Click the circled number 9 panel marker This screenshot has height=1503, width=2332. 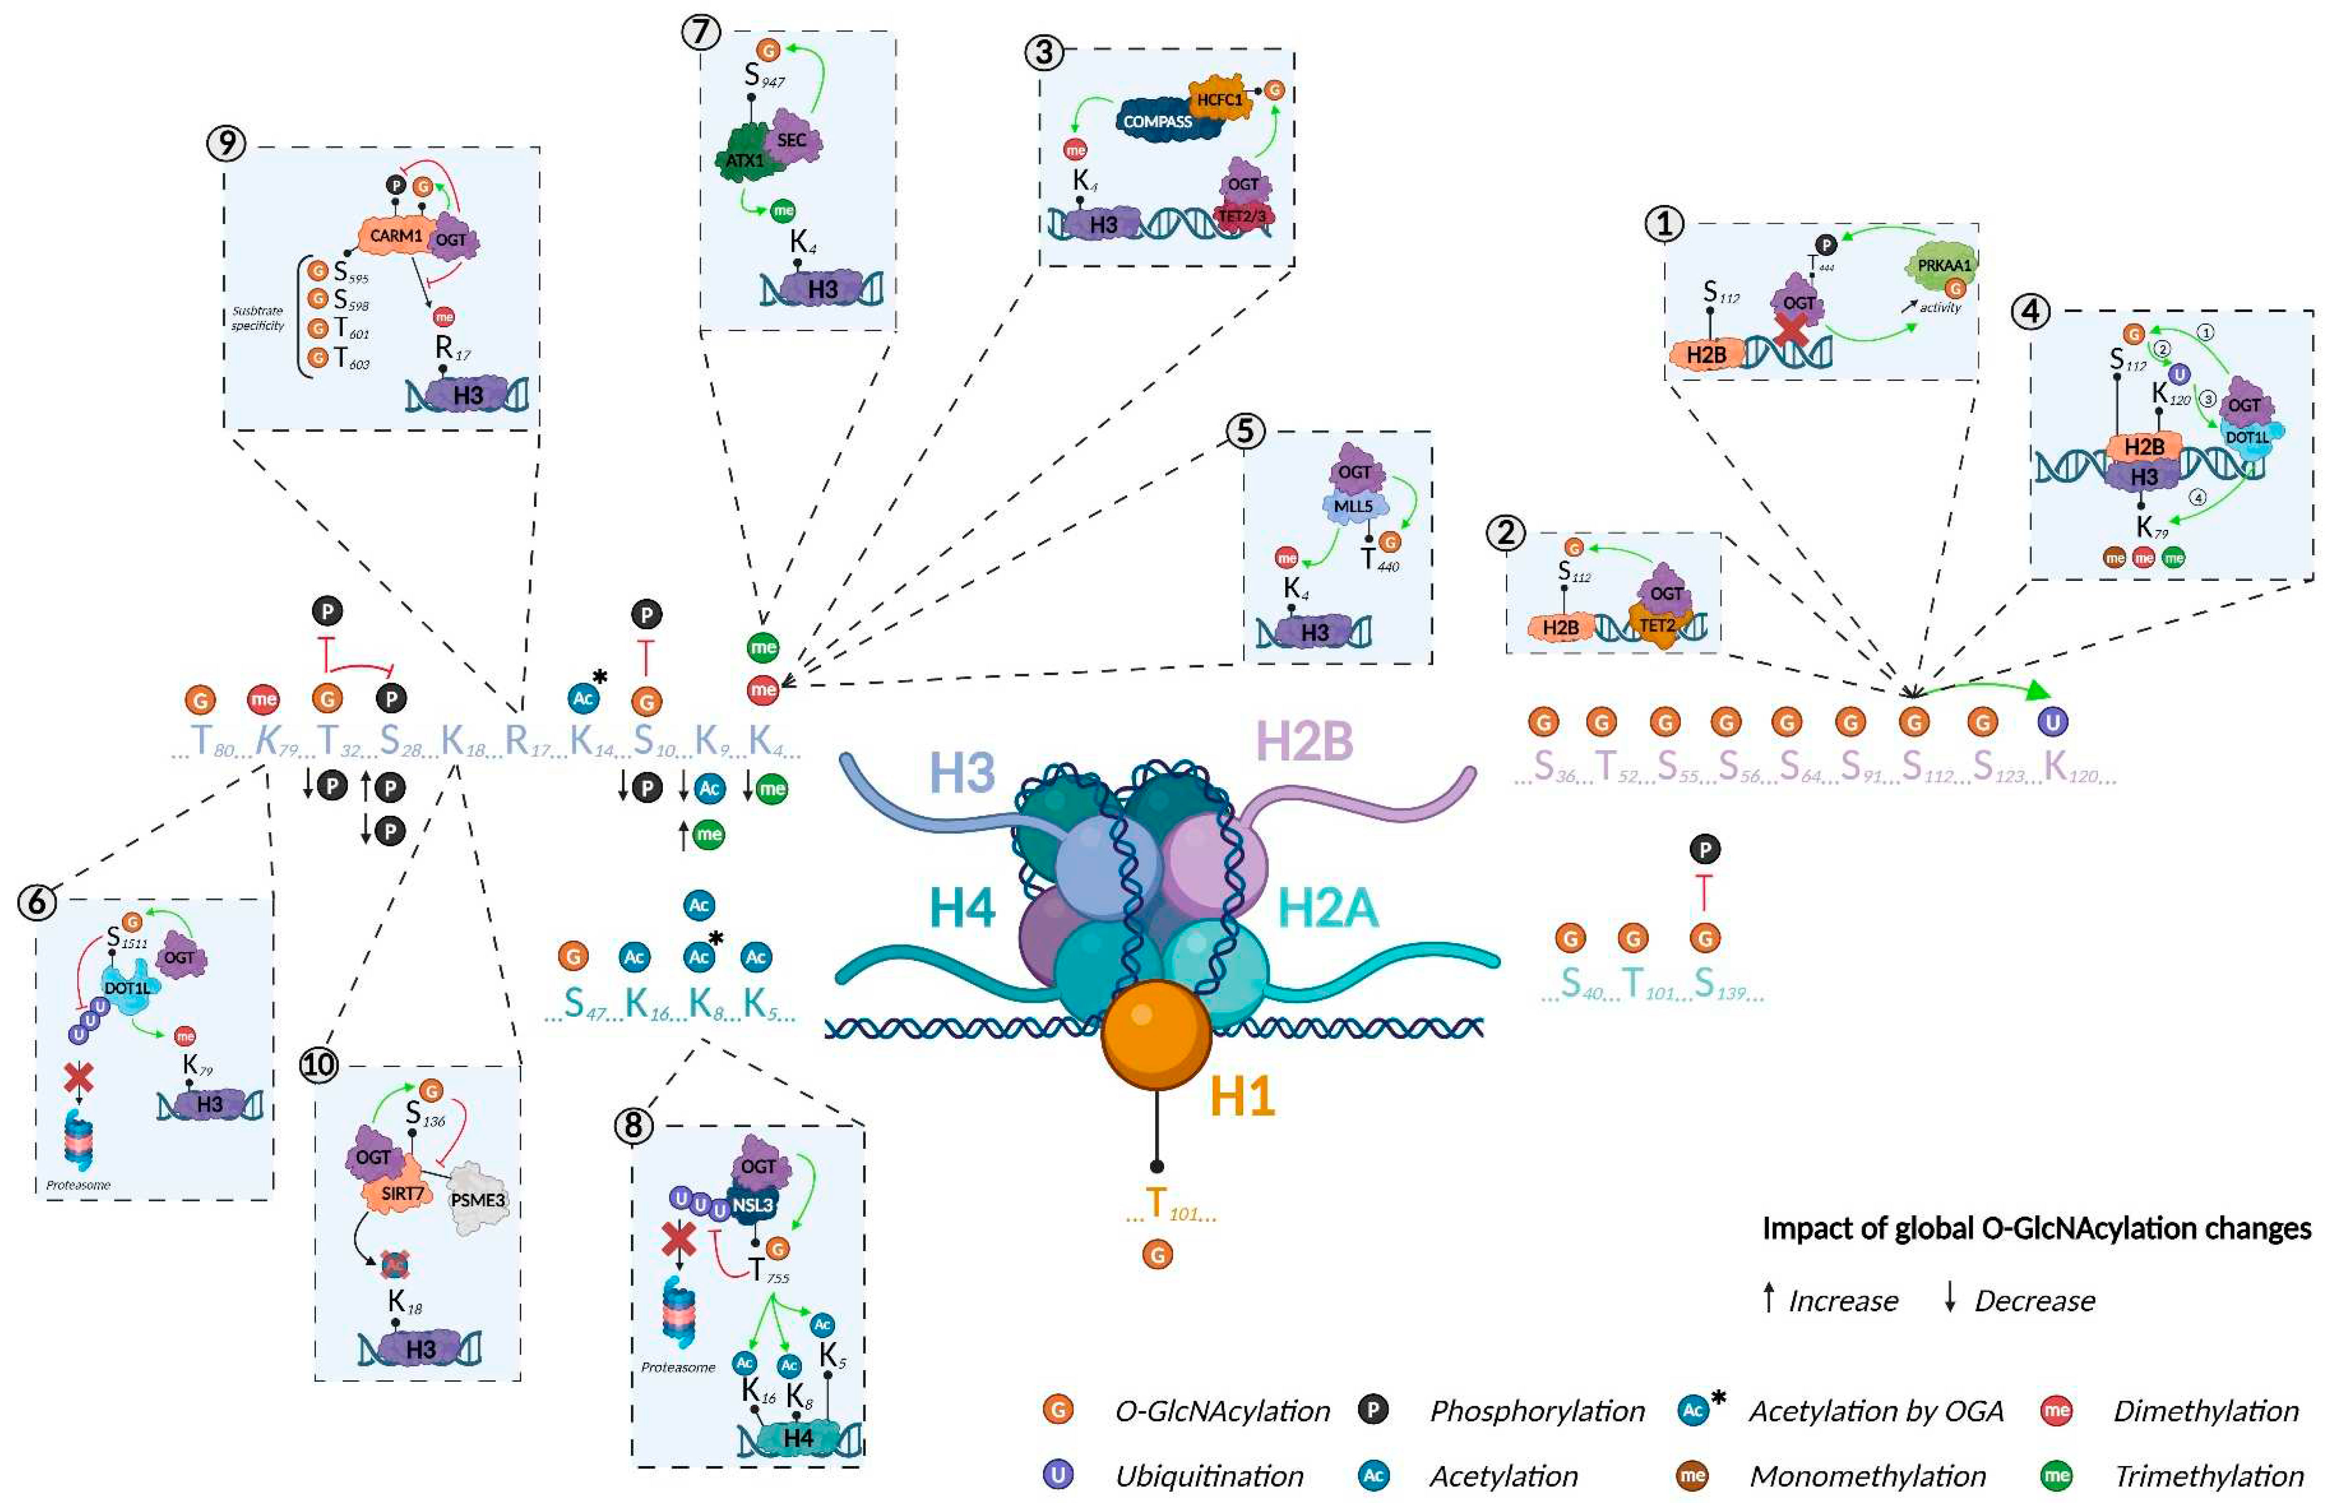click(227, 144)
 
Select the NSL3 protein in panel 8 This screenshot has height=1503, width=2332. click(752, 1204)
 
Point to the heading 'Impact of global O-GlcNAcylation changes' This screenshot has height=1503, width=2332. click(2036, 1228)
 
